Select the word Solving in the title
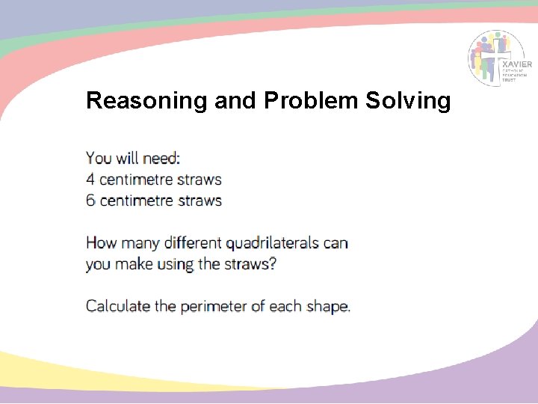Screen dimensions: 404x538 pyautogui.click(x=408, y=101)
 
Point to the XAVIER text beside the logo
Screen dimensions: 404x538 pyautogui.click(x=517, y=64)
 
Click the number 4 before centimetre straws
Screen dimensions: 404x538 pyautogui.click(x=90, y=180)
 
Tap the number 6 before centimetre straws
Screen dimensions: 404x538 pyautogui.click(x=90, y=201)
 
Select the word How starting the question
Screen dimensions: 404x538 pyautogui.click(x=100, y=243)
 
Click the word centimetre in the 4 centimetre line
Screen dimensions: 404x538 pyautogui.click(x=140, y=180)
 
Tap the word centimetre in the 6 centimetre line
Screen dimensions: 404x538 pyautogui.click(x=140, y=201)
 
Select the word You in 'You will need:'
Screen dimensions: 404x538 pyautogui.click(x=99, y=159)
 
